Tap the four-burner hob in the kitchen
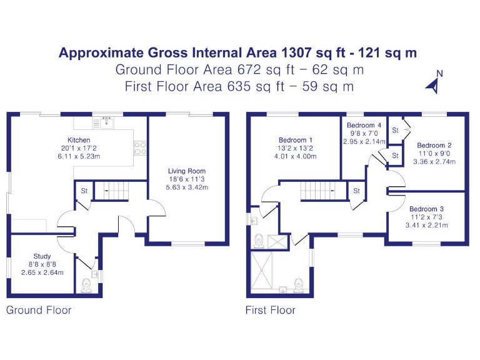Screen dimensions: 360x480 (140, 148)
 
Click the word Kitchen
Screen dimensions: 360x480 (79, 140)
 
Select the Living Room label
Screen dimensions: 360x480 (187, 171)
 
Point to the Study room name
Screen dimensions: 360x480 (42, 256)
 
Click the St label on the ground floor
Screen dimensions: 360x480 (84, 191)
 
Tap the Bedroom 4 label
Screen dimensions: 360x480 (364, 125)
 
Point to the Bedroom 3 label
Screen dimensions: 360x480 (427, 209)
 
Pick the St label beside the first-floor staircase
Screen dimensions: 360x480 (356, 191)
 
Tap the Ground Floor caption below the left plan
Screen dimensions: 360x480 (39, 310)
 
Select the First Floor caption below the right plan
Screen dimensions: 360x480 (270, 310)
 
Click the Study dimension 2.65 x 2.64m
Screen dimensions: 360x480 (42, 272)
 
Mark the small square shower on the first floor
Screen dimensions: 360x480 (279, 241)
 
